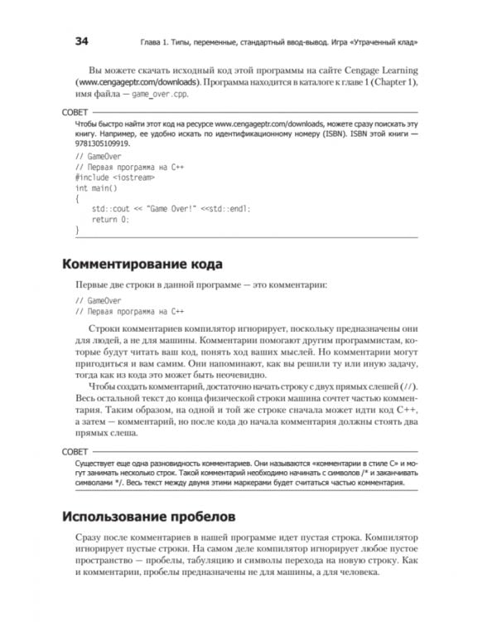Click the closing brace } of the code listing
[x=77, y=230]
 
